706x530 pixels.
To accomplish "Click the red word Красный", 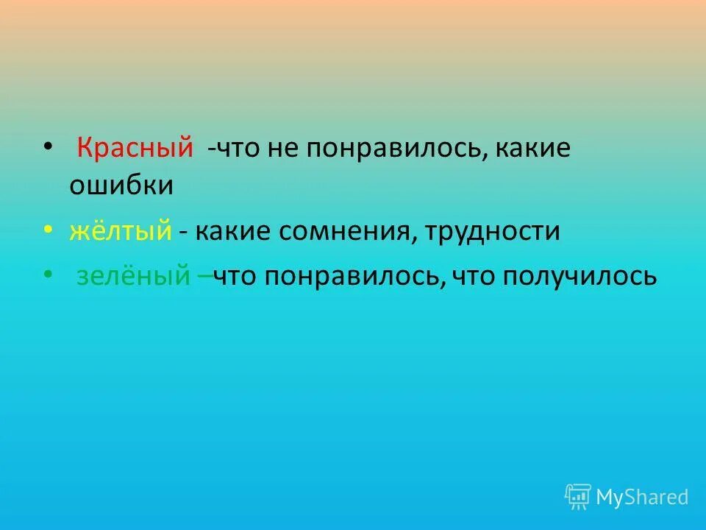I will pyautogui.click(x=135, y=146).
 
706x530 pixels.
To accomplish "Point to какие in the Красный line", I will pyautogui.click(x=534, y=147).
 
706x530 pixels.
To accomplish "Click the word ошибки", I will pyautogui.click(x=121, y=185).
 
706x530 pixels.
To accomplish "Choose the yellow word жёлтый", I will pyautogui.click(x=121, y=231).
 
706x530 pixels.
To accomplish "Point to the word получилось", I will pyautogui.click(x=580, y=277).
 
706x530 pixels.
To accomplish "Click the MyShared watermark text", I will pyautogui.click(x=642, y=497).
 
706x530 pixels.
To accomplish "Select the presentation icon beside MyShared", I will pyautogui.click(x=578, y=497).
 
